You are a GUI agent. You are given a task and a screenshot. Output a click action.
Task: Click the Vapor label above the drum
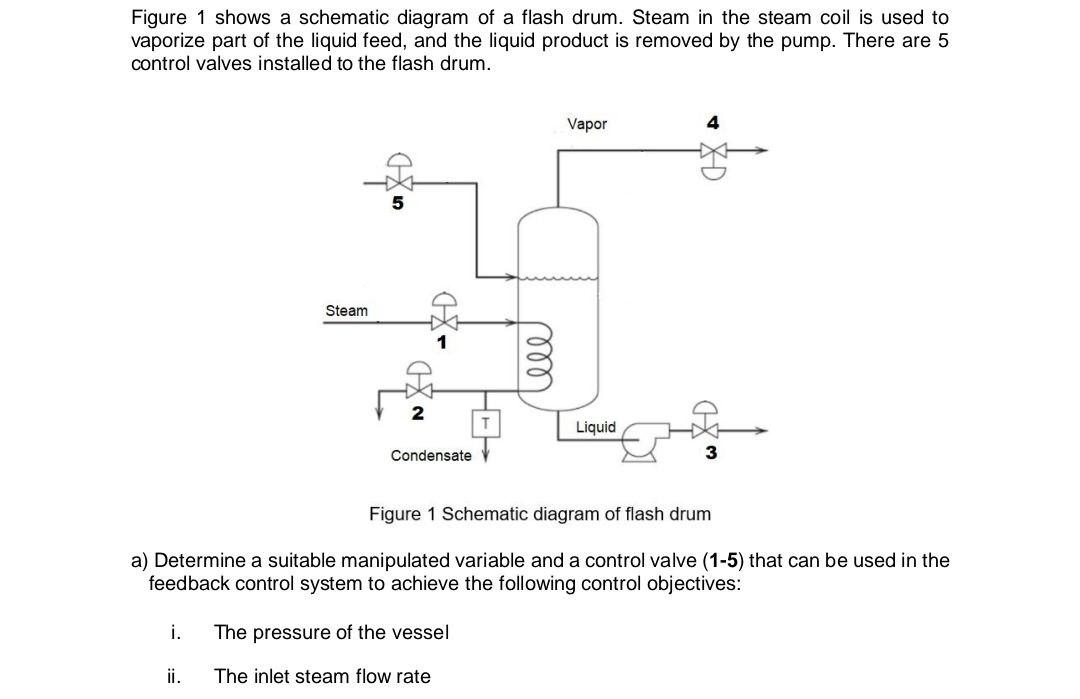586,124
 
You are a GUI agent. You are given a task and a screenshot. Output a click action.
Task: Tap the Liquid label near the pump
596,427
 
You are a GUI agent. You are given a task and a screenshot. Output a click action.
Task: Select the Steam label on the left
346,310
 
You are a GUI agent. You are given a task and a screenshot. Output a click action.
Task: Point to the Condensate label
430,455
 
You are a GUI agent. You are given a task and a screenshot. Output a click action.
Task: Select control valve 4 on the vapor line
713,153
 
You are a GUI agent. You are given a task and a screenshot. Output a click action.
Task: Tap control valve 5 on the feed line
398,182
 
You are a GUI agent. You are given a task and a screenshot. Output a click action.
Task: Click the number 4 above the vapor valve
712,123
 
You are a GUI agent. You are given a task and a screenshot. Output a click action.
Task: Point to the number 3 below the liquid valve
711,453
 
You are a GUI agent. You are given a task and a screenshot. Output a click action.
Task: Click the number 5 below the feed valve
397,205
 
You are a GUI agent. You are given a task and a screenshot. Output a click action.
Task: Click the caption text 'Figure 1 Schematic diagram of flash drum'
540,514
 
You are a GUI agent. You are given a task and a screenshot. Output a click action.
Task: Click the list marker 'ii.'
173,676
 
